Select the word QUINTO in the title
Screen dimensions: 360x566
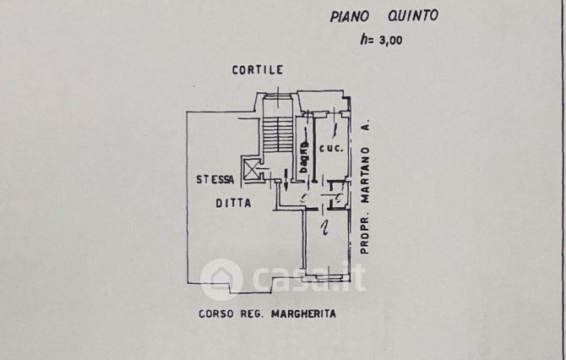[x=415, y=15]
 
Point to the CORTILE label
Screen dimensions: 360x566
[x=258, y=70]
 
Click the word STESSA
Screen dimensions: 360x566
[x=215, y=179]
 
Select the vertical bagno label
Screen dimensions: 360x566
[x=302, y=155]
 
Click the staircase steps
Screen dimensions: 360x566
[x=276, y=136]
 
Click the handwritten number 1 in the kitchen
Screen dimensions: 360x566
[x=335, y=129]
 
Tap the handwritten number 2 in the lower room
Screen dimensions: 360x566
[x=324, y=226]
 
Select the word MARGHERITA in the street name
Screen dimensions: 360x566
[x=304, y=314]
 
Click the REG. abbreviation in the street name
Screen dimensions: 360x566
[x=250, y=314]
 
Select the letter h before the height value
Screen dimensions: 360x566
[x=362, y=37]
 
